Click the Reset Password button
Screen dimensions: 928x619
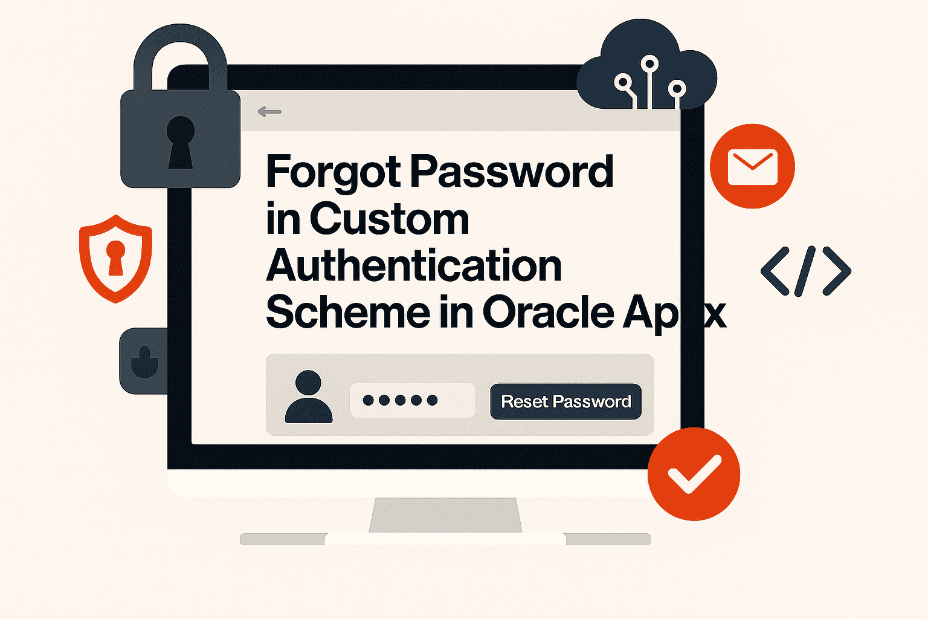(565, 401)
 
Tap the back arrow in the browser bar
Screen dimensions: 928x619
(269, 111)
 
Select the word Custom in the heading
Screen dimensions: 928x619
(390, 219)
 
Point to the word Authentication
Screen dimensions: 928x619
(414, 265)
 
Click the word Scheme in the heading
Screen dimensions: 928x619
(349, 312)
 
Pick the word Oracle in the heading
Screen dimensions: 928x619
(549, 312)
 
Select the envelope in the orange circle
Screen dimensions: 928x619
(752, 167)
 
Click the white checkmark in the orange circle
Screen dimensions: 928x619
(694, 473)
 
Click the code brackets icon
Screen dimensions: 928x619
(806, 271)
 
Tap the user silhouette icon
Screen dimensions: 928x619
(309, 397)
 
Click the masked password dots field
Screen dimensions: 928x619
(413, 400)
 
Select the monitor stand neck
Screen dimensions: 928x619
(445, 515)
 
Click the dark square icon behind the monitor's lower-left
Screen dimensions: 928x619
(143, 361)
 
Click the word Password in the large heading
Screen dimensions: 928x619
(512, 171)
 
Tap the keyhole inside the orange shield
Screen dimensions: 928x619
(115, 258)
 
